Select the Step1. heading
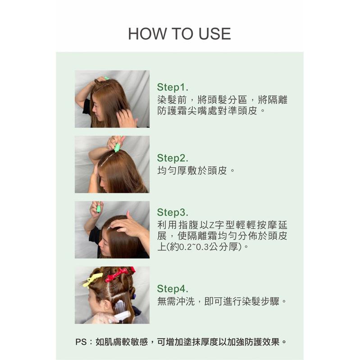click(x=173, y=87)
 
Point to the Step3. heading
click(x=173, y=212)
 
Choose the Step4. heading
click(x=173, y=288)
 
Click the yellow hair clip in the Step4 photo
click(x=93, y=279)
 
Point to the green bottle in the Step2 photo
click(x=117, y=147)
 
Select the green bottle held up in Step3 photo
click(x=98, y=208)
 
